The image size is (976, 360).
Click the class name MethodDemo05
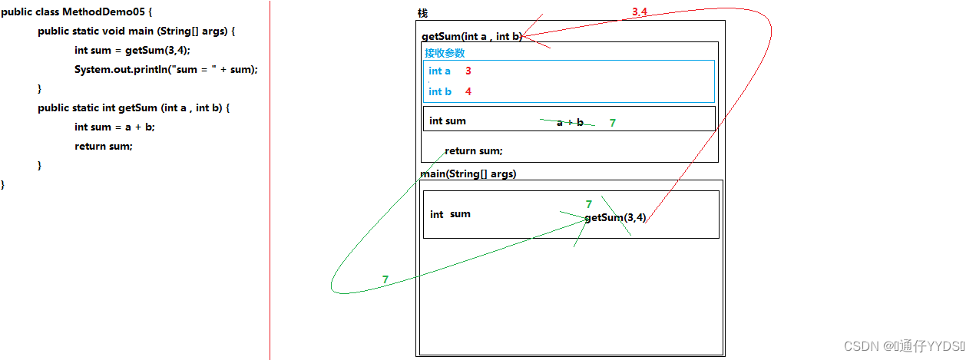pyautogui.click(x=110, y=13)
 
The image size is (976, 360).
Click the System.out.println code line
pyautogui.click(x=166, y=69)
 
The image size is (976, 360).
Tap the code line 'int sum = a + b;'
pyautogui.click(x=119, y=127)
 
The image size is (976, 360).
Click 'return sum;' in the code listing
pyautogui.click(x=103, y=146)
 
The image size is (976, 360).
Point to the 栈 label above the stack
pyautogui.click(x=422, y=14)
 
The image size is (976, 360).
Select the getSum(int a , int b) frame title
pyautogui.click(x=471, y=36)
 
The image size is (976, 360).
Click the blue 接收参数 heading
pyautogui.click(x=445, y=53)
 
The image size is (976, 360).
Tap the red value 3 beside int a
pyautogui.click(x=468, y=71)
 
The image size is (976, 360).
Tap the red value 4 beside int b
pyautogui.click(x=468, y=91)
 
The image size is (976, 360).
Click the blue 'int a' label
pyautogui.click(x=439, y=71)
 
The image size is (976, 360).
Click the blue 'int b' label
pyautogui.click(x=439, y=91)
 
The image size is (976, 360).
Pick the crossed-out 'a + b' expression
pyautogui.click(x=570, y=122)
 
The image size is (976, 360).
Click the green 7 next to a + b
pyautogui.click(x=612, y=123)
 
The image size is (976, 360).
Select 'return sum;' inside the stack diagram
pyautogui.click(x=473, y=151)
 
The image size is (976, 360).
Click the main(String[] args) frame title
pyautogui.click(x=468, y=174)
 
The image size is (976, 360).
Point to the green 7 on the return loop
pyautogui.click(x=385, y=279)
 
